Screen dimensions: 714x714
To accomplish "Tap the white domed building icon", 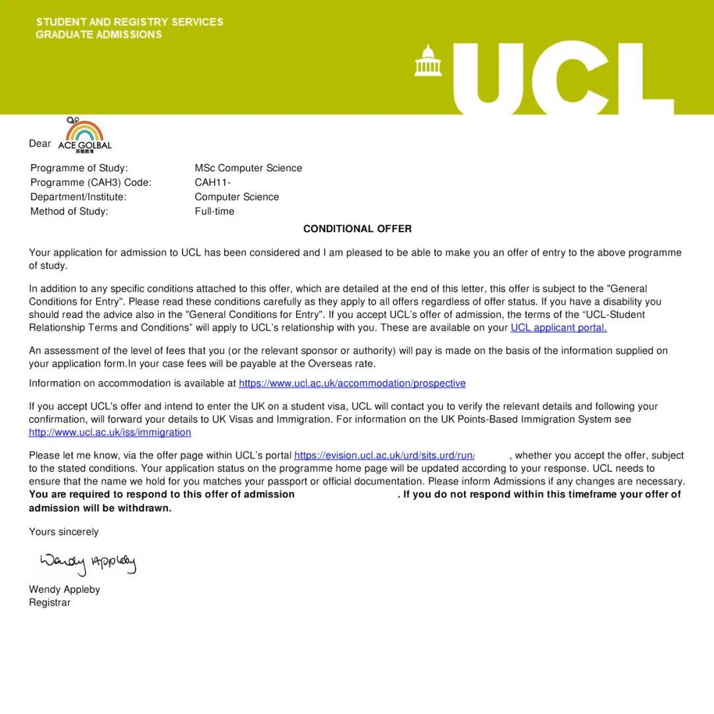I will click(428, 61).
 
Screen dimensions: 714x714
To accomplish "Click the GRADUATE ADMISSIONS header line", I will click(99, 35).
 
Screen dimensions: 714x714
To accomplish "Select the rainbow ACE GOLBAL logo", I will click(85, 136).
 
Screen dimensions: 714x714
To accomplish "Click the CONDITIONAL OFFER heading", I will click(357, 229).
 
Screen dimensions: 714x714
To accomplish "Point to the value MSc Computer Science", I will click(248, 168).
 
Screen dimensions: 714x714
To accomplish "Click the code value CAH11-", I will click(212, 182).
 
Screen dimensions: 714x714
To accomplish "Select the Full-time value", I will click(214, 212).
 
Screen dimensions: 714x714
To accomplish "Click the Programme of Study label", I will click(79, 168).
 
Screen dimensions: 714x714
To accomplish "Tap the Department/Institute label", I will click(78, 197).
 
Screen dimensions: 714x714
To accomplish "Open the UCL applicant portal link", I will click(558, 327).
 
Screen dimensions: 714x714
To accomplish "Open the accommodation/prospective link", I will click(352, 383).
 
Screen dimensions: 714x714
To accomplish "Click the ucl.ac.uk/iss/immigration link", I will click(110, 432).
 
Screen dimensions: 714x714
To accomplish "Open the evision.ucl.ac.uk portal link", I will click(384, 456).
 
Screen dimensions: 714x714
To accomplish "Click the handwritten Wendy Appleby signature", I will click(88, 563).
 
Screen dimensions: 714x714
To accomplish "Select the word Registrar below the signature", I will click(50, 603).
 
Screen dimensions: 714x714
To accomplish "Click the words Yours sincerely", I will click(63, 532).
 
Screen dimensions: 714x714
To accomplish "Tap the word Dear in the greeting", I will click(40, 143).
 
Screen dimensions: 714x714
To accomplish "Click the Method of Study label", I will click(69, 212).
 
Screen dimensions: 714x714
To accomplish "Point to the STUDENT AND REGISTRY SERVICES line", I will click(130, 22).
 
